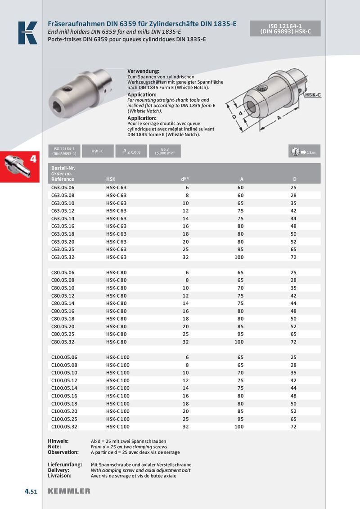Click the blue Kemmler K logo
tap(27, 33)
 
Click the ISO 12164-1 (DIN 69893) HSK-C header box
tap(285, 29)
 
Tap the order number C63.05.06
tap(63, 187)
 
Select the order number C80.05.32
tap(63, 342)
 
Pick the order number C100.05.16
tap(64, 396)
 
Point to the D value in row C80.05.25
tap(293, 334)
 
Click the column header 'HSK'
tap(111, 179)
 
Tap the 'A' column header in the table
tap(241, 179)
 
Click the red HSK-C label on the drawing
tap(312, 95)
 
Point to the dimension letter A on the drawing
tap(279, 118)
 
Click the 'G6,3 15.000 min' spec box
tap(165, 152)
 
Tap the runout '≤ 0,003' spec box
tap(130, 152)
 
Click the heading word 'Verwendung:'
tap(143, 71)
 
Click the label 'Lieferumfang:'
tap(65, 464)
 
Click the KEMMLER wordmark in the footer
tap(69, 491)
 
